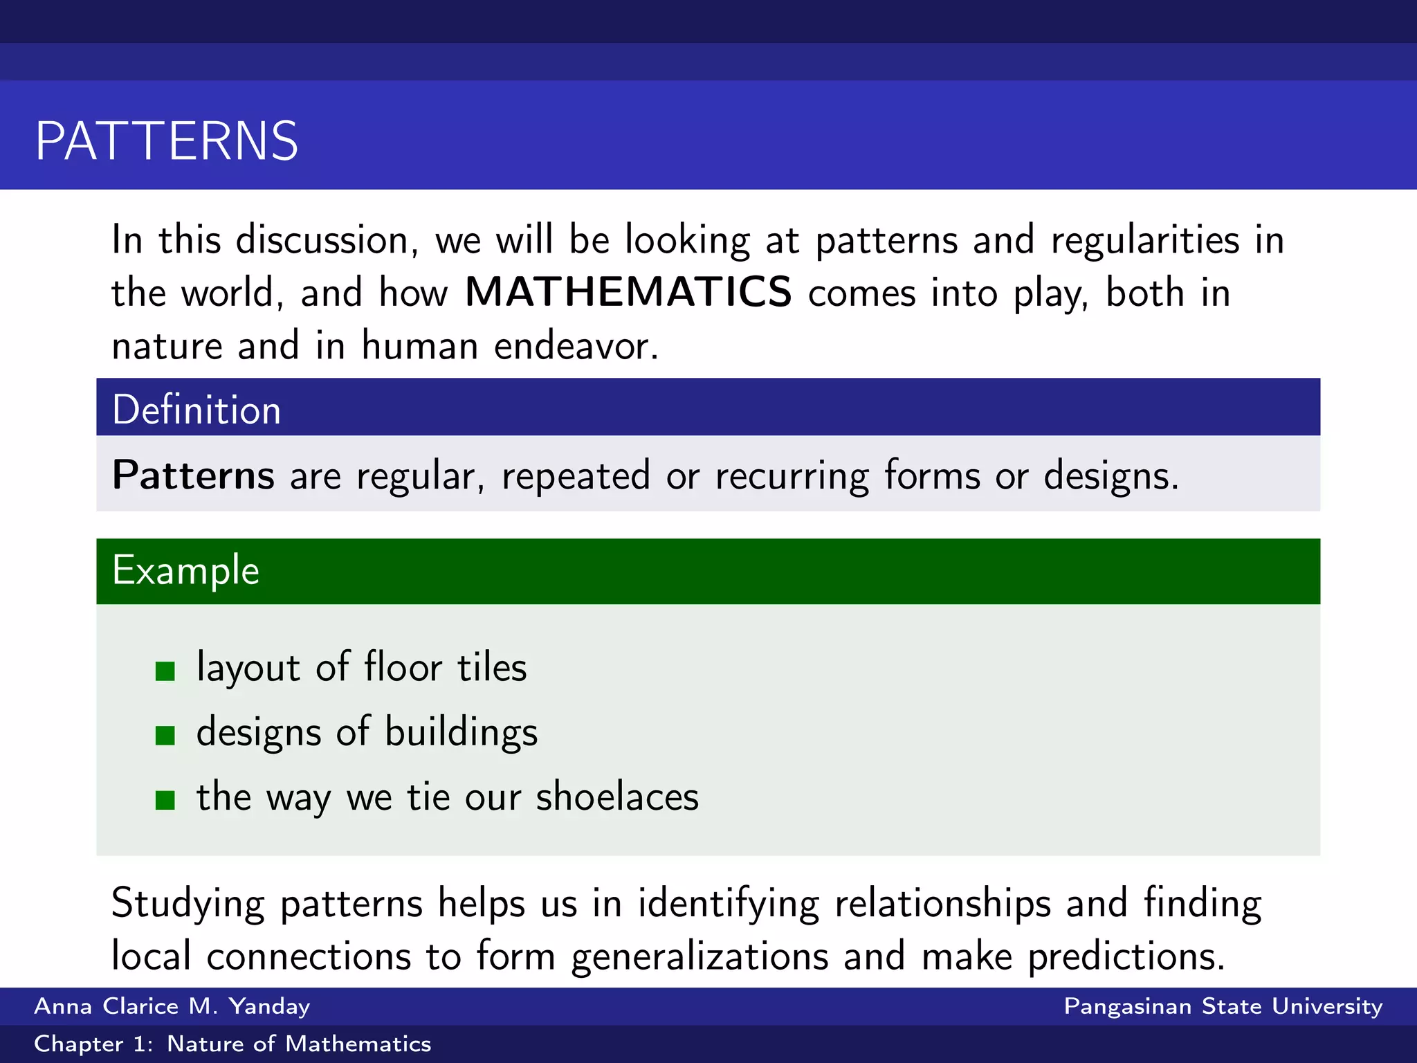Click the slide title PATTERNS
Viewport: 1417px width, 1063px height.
(x=167, y=141)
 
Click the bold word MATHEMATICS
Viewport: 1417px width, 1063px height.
(x=628, y=292)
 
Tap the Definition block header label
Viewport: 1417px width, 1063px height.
(x=196, y=409)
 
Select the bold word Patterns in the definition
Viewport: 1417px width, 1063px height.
(x=194, y=475)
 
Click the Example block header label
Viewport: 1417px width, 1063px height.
(x=185, y=570)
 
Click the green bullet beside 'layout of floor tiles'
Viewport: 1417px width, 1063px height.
(x=165, y=671)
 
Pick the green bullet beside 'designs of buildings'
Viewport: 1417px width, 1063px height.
(x=165, y=735)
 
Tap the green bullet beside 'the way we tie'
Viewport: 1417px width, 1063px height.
(x=165, y=800)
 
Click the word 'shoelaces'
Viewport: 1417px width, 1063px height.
(x=617, y=797)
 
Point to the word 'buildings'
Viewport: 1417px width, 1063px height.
(x=461, y=732)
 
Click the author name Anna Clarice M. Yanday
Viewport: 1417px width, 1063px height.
(x=172, y=1006)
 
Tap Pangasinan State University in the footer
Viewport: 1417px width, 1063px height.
(x=1223, y=1006)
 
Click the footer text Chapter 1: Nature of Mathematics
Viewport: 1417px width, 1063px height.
(x=232, y=1044)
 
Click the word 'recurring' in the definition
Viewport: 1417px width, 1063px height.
(x=792, y=477)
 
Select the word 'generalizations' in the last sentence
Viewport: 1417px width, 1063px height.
(x=700, y=956)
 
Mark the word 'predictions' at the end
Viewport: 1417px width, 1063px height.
(x=1126, y=958)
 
